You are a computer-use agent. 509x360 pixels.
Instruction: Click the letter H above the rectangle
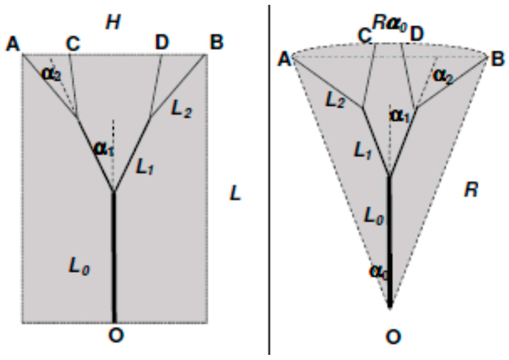(113, 22)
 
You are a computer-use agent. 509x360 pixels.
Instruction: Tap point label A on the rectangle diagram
(13, 44)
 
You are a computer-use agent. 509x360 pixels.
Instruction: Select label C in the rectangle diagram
(73, 44)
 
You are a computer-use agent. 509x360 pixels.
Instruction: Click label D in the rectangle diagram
(162, 43)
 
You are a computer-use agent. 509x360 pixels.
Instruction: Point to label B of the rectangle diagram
(216, 43)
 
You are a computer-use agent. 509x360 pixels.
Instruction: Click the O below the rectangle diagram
(115, 336)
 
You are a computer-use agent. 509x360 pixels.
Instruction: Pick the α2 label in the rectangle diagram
(52, 74)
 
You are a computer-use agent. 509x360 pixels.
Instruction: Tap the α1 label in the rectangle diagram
(103, 148)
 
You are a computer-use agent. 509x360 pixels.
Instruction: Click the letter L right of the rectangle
(235, 193)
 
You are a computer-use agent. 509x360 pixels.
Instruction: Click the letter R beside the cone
(470, 189)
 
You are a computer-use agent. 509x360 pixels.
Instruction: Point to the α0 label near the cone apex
(379, 272)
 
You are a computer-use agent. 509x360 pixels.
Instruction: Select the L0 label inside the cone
(374, 216)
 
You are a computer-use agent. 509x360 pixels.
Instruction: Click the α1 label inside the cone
(400, 115)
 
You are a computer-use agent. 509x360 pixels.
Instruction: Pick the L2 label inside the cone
(335, 100)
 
